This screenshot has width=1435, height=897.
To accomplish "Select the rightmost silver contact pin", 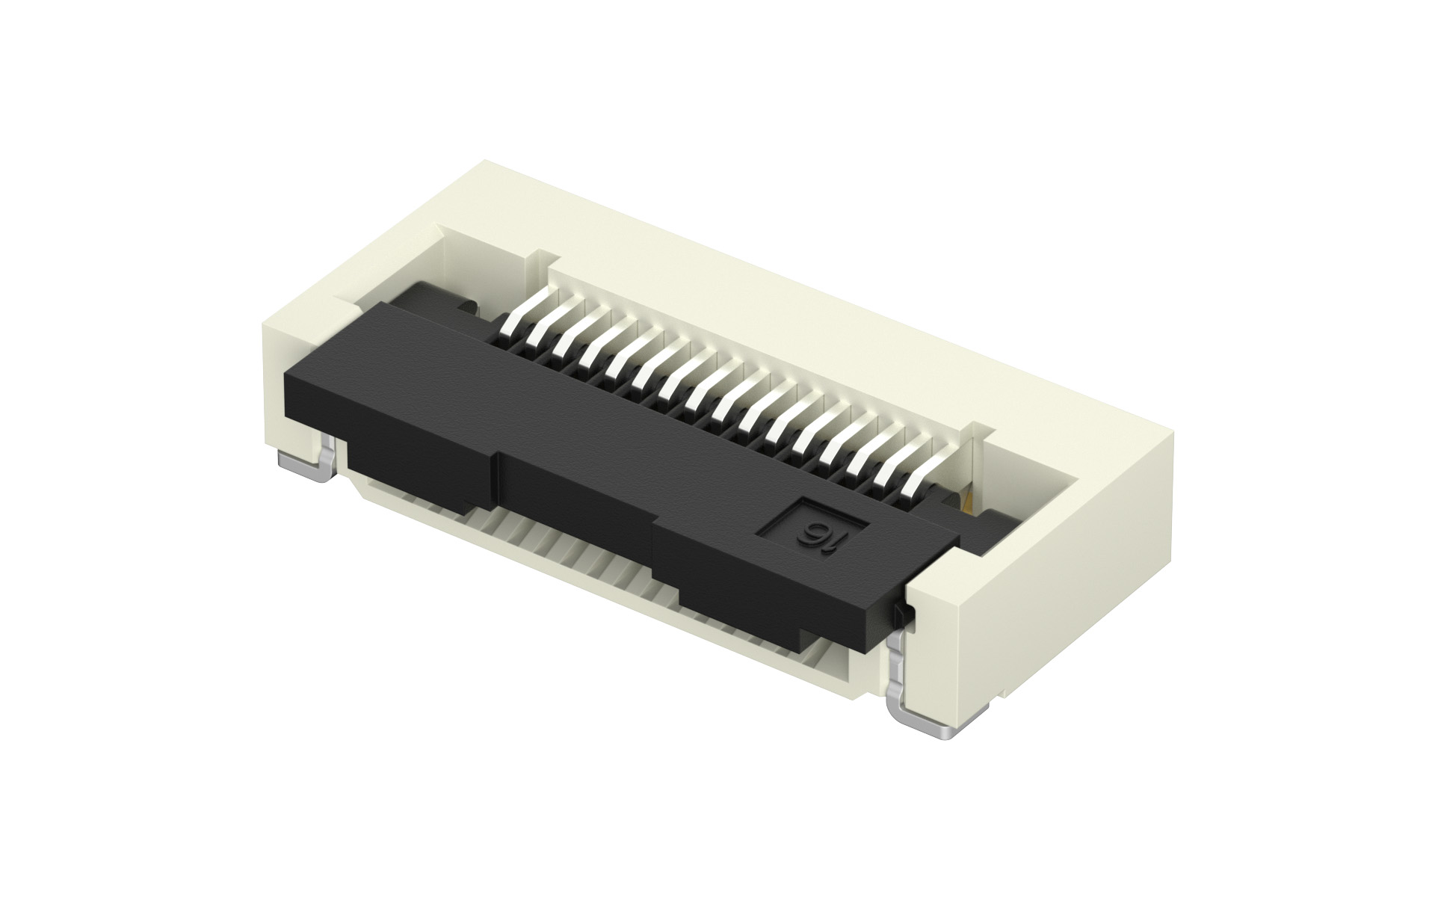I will click(x=921, y=478).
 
